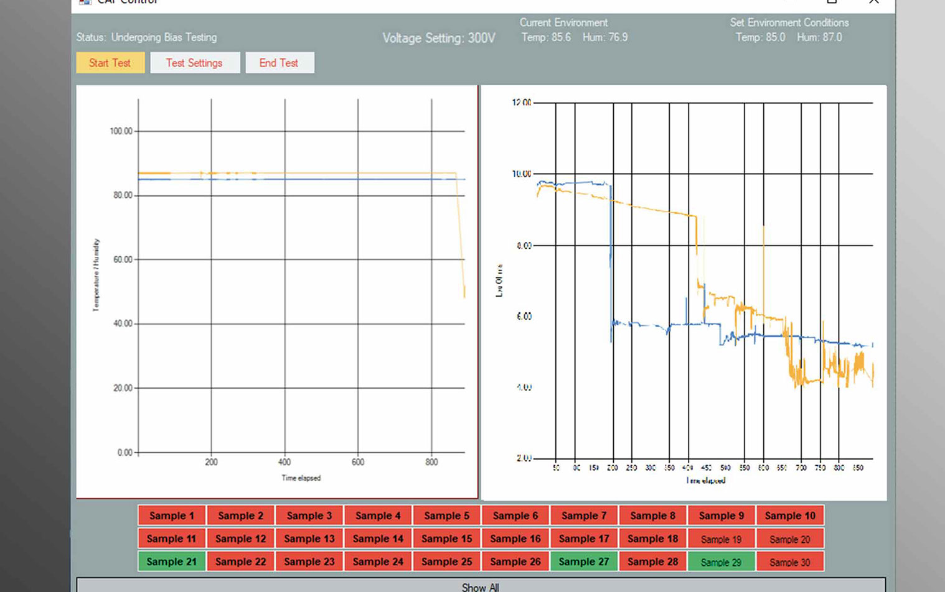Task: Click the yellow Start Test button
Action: click(x=110, y=63)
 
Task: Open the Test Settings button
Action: click(x=194, y=63)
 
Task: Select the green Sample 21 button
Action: click(x=171, y=562)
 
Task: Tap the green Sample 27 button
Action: click(x=583, y=562)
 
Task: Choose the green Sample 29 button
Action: click(x=721, y=562)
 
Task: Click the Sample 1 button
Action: click(x=171, y=516)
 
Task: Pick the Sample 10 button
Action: click(x=789, y=516)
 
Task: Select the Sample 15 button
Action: click(x=446, y=539)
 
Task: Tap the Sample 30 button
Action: click(x=789, y=562)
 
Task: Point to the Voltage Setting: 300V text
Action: click(x=439, y=38)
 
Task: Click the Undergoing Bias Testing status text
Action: click(x=164, y=37)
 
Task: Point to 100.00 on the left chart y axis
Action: click(x=121, y=131)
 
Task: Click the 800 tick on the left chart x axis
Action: click(x=431, y=462)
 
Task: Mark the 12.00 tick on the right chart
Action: click(x=522, y=103)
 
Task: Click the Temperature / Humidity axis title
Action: click(x=96, y=274)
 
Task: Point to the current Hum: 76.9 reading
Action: click(x=605, y=37)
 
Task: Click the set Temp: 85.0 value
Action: click(x=760, y=37)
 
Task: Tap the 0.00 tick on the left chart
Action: click(x=125, y=452)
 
